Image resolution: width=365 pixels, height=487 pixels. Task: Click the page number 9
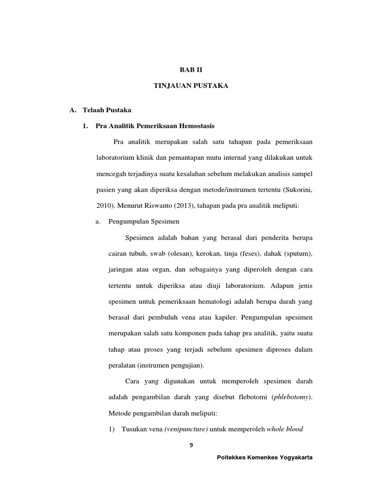(191, 446)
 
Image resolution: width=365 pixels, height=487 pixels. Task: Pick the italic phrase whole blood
(285, 429)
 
